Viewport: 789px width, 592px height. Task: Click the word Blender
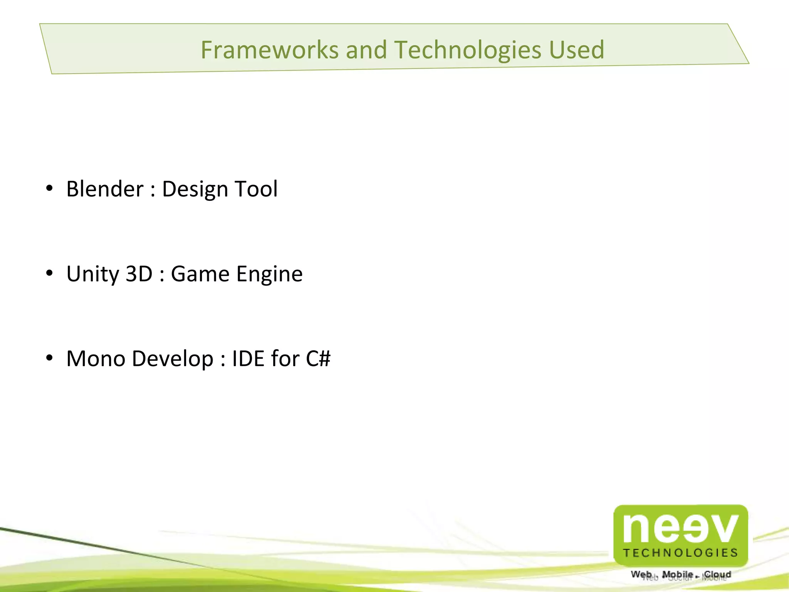(105, 189)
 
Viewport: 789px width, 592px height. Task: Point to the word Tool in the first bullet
(256, 189)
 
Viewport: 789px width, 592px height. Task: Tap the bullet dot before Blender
(49, 188)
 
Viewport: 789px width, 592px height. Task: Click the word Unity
(93, 274)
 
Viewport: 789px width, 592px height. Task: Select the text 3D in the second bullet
(139, 274)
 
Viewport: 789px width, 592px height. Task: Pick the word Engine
(269, 274)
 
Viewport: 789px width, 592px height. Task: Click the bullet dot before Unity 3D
(49, 273)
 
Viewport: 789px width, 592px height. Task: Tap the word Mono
(96, 358)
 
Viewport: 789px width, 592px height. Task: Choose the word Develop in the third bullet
(172, 359)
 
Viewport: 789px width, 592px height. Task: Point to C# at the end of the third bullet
(318, 358)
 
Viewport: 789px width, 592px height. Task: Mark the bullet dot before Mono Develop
(49, 358)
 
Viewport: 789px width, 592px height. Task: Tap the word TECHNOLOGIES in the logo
(680, 553)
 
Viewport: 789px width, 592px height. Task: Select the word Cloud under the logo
(717, 574)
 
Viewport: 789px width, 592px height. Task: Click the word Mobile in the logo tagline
(677, 574)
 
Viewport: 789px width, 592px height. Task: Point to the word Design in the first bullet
(195, 190)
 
